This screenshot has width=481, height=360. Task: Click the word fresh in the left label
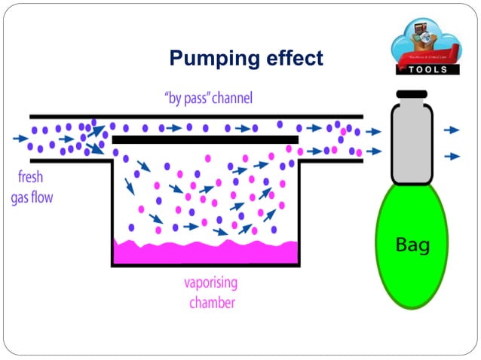click(32, 179)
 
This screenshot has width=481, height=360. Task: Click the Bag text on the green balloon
click(412, 244)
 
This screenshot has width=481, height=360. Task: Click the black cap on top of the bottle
click(412, 95)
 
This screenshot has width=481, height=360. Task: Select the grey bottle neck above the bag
click(412, 143)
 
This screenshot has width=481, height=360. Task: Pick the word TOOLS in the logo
click(427, 69)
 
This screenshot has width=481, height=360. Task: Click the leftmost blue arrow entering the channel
click(20, 139)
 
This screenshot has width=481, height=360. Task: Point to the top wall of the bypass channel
click(196, 116)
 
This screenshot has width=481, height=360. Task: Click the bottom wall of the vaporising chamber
click(205, 264)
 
